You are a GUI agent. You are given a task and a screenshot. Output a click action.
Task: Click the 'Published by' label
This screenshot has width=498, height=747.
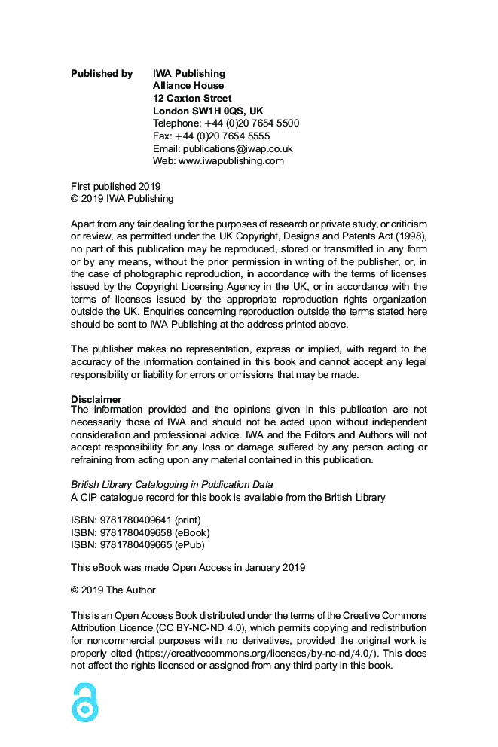(x=101, y=74)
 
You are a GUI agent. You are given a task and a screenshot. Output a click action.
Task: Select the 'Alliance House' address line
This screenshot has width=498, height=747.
(x=188, y=86)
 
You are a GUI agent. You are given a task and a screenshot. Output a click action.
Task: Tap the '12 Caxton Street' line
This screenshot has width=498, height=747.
(x=192, y=99)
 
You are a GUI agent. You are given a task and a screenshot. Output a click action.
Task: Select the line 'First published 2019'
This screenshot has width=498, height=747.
(x=115, y=186)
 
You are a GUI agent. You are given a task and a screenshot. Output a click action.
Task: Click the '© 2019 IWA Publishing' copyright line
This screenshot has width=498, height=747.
(x=122, y=199)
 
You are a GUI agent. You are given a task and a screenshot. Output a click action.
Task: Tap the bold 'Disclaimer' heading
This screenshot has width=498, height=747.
(x=96, y=399)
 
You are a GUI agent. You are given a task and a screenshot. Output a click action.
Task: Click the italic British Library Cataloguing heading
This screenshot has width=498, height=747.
(x=172, y=485)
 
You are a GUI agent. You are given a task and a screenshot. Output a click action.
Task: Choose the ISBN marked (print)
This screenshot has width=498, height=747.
(x=136, y=520)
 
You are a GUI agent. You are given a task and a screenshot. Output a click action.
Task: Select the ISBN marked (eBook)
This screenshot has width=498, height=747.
(x=140, y=532)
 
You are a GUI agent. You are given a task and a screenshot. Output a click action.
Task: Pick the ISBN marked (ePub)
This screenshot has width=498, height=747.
(x=137, y=544)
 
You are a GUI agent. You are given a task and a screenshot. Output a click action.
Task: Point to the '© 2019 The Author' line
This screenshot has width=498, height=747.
(x=113, y=590)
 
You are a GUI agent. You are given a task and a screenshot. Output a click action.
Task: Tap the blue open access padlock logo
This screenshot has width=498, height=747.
(x=84, y=703)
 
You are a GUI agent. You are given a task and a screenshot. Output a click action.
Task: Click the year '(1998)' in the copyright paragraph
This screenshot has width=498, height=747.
(x=411, y=236)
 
